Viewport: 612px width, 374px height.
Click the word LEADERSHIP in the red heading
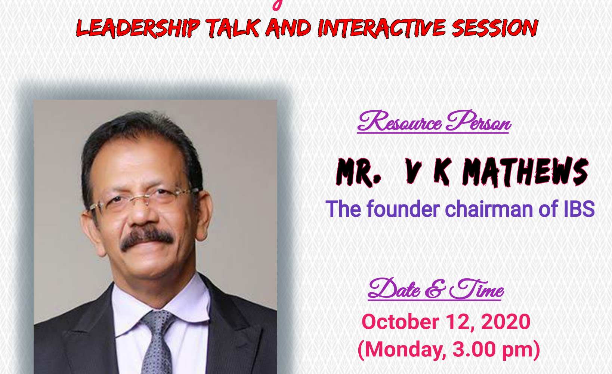138,28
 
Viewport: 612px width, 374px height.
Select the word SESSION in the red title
495,28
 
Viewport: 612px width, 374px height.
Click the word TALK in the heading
233,28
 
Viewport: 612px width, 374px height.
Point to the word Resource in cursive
399,122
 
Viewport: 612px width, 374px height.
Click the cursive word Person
478,122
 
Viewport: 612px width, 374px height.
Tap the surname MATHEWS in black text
525,172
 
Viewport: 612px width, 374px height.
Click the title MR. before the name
358,172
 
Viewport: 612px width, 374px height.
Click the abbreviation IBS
579,209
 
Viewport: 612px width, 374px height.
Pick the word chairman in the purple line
489,209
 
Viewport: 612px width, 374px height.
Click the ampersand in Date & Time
435,289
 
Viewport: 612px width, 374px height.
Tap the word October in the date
400,322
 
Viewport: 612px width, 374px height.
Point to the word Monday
405,350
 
